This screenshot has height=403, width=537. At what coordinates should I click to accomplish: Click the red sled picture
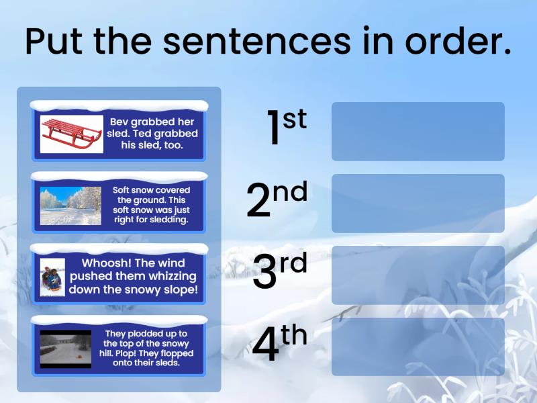pos(71,134)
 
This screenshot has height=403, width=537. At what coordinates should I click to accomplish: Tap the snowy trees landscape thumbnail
pos(70,206)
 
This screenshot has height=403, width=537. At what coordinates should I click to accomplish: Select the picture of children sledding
pos(52,277)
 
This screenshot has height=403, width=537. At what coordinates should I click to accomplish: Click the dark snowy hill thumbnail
pos(65,349)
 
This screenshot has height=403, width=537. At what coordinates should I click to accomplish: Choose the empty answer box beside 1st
pos(418,132)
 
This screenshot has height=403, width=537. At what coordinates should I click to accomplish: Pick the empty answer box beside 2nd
pos(418,204)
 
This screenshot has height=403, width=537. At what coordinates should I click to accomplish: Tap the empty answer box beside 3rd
pos(418,275)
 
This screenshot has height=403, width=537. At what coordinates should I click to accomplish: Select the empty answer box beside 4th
pos(418,347)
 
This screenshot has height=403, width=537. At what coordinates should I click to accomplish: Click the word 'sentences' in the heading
pos(256,42)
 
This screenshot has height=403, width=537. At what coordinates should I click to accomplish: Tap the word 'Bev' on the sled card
pos(119,122)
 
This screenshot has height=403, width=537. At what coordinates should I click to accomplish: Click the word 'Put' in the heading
pos(54,42)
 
